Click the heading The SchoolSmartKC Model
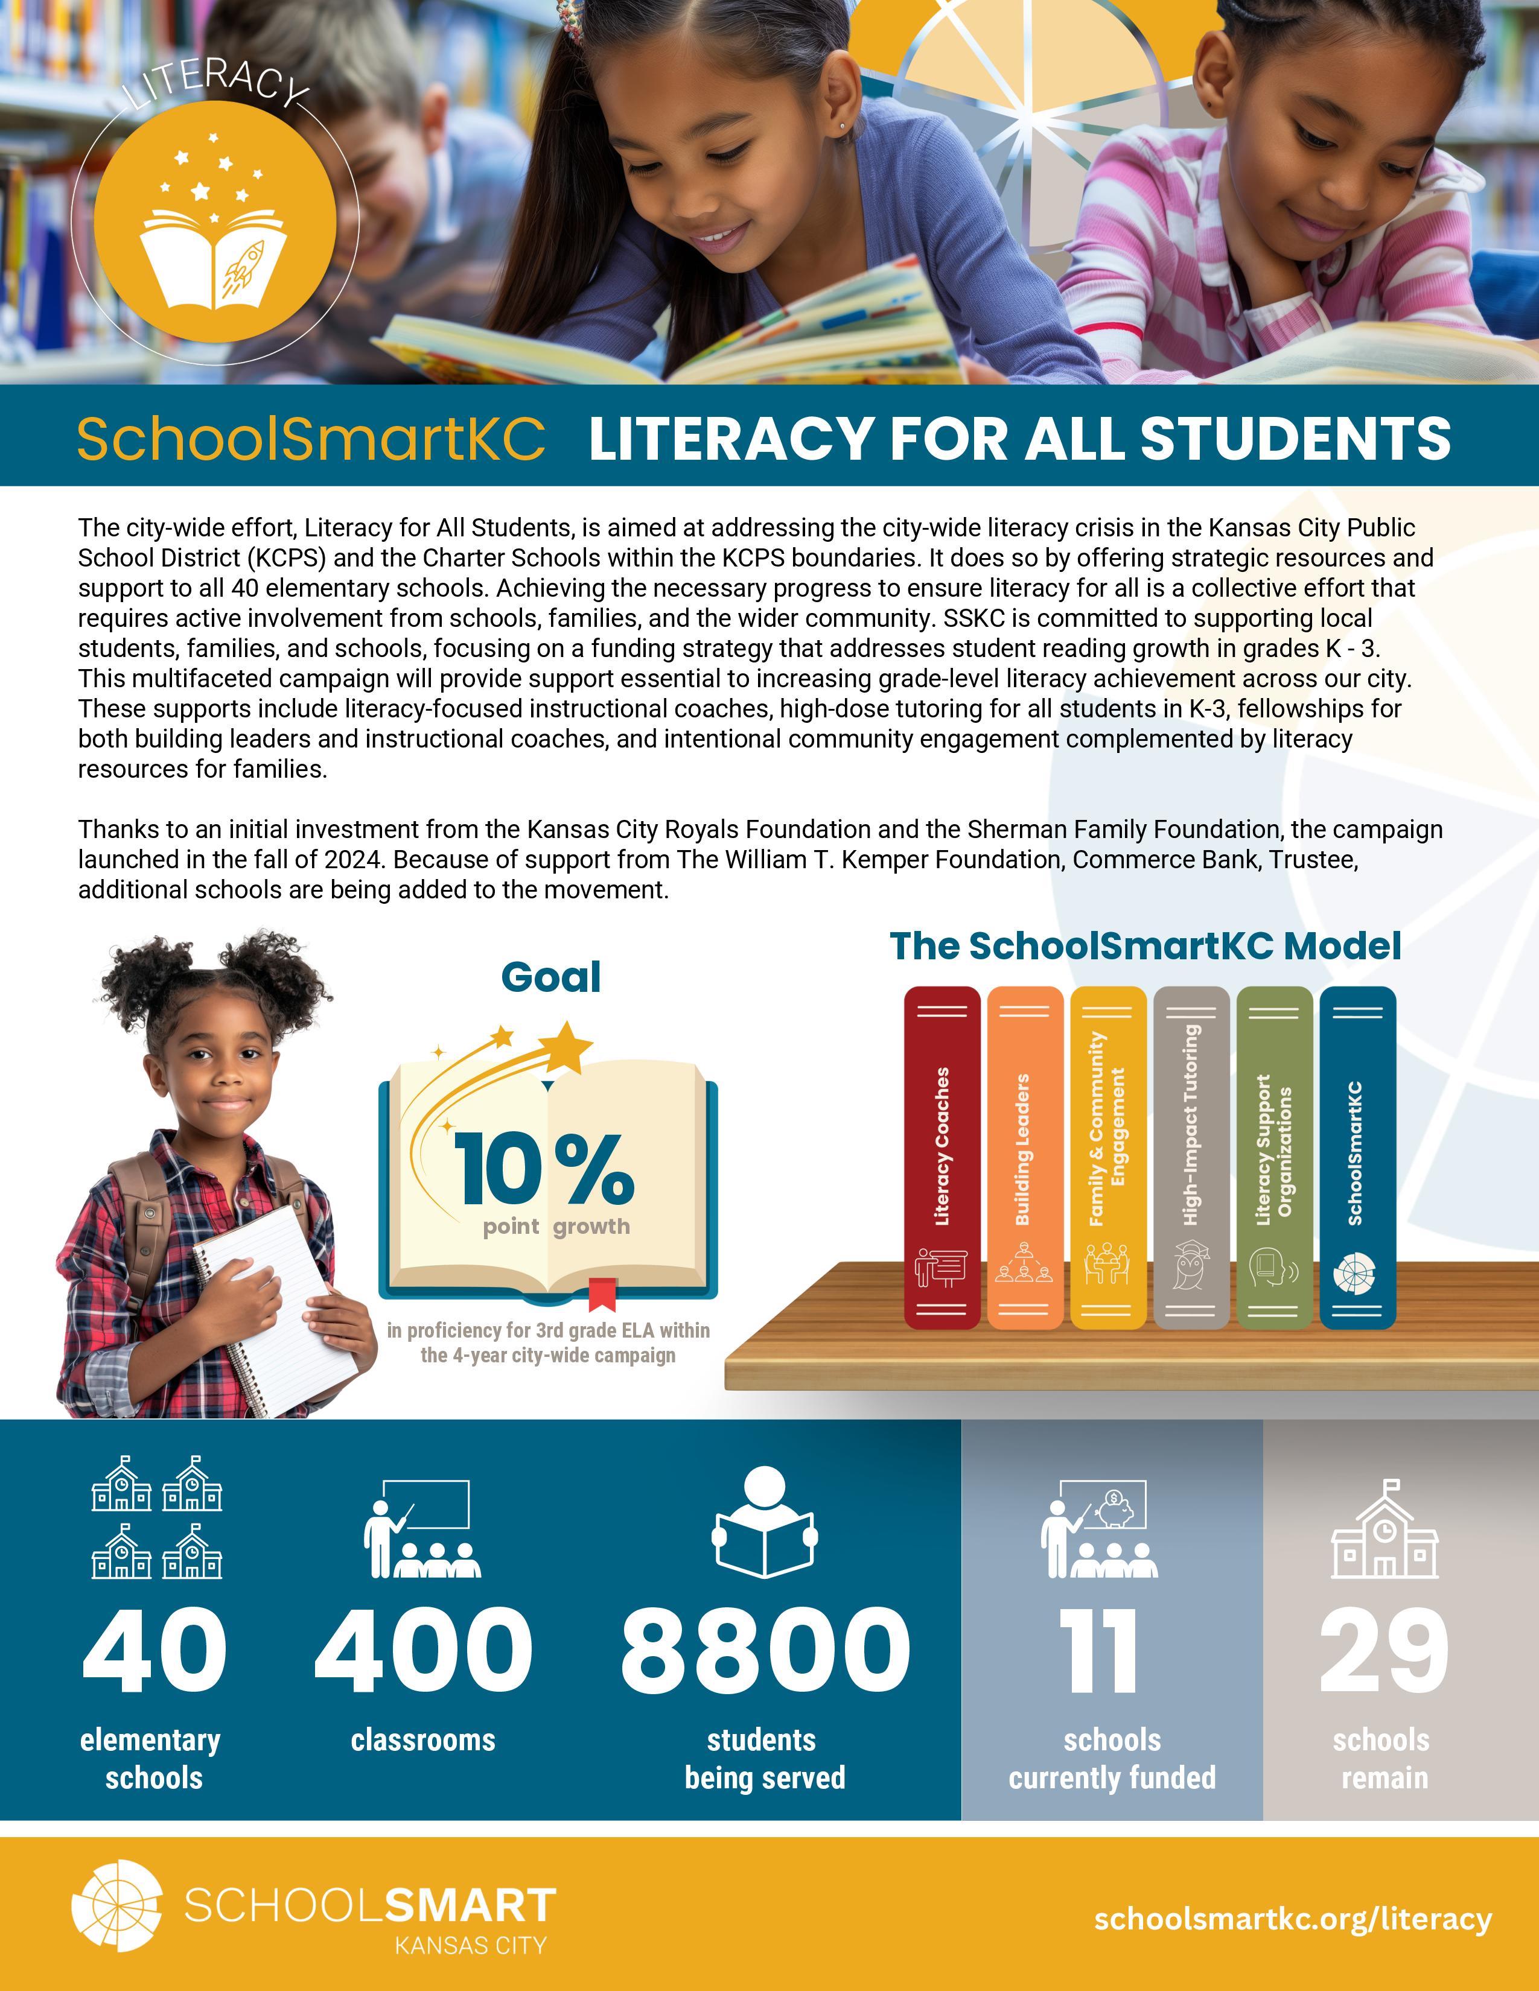[x=1144, y=946]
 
